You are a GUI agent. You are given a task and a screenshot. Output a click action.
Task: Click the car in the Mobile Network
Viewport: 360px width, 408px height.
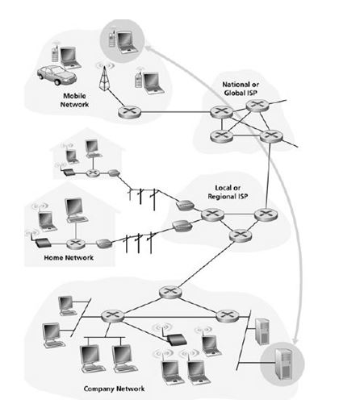coord(57,75)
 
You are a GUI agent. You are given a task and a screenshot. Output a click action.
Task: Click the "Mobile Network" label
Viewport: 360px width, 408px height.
coord(74,100)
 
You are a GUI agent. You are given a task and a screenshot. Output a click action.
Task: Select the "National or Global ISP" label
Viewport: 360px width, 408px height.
coord(241,89)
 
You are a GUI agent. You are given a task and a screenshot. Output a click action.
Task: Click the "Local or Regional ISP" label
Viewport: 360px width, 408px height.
coord(228,192)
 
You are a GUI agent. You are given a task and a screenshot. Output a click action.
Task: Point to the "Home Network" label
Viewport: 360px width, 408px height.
coord(69,258)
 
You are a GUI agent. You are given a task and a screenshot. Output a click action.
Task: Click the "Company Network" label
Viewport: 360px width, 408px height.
coord(114,389)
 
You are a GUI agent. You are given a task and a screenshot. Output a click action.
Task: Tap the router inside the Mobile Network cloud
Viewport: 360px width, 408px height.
coord(129,112)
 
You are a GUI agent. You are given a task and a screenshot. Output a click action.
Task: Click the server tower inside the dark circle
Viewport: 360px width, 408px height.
coord(283,363)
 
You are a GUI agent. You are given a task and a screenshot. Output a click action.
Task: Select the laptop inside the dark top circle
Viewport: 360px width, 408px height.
coord(128,42)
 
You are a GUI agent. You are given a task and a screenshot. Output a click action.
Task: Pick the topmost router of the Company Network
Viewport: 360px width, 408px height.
coord(170,292)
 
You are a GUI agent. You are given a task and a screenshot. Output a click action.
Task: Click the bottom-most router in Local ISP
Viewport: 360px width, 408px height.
coord(241,235)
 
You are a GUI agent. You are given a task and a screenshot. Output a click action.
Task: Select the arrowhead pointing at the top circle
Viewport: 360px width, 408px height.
coord(149,48)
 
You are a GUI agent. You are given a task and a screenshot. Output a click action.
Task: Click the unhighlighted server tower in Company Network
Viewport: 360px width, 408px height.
coord(262,331)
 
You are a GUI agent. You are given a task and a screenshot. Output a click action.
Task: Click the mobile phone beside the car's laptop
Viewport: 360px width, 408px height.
coord(55,53)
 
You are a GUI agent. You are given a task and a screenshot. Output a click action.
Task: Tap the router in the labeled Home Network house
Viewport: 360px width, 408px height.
coord(76,244)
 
